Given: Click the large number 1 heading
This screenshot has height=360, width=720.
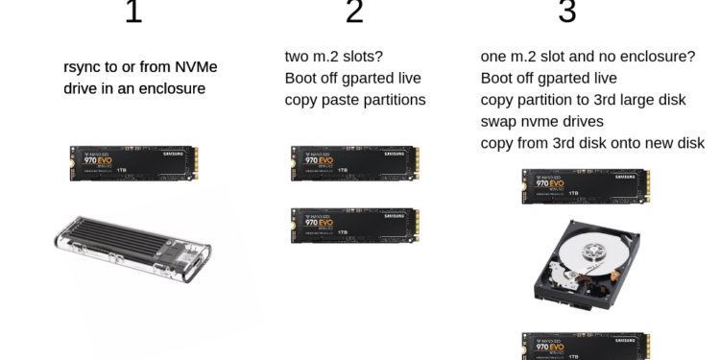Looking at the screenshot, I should (x=133, y=12).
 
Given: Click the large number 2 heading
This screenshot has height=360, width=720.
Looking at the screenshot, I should (x=354, y=12).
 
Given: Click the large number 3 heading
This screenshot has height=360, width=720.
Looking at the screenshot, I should (x=567, y=12).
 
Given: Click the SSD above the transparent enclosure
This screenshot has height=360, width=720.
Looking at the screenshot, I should (x=133, y=163).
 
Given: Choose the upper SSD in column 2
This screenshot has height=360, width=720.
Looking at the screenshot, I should (x=354, y=163).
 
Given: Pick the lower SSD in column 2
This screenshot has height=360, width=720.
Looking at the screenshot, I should (x=354, y=225).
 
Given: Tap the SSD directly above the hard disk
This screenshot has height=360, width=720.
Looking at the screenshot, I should (x=586, y=185).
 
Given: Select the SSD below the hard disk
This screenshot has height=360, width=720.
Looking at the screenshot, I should (x=586, y=346).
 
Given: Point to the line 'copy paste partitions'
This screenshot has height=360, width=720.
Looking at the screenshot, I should (x=355, y=100).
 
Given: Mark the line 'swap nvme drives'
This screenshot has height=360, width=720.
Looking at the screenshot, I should (x=542, y=121).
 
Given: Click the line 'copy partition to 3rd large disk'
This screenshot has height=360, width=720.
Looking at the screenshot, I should (x=584, y=99).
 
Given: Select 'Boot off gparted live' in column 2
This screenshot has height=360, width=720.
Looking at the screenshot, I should (x=353, y=78).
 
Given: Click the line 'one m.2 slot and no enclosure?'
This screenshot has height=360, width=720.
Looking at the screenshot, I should (x=588, y=56).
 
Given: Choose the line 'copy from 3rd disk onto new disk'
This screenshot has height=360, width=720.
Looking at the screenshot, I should (x=592, y=143).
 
